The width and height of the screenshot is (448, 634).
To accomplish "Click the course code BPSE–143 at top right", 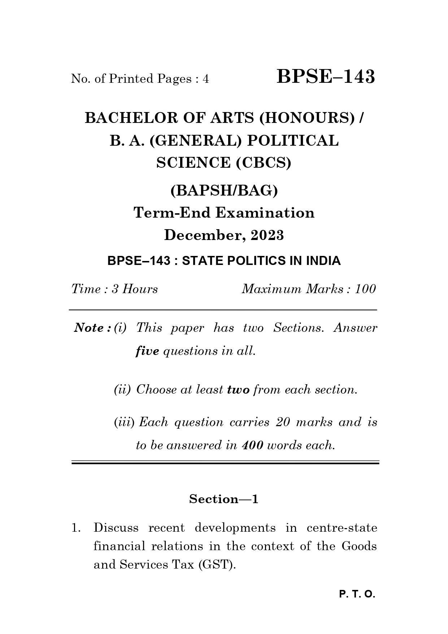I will pos(326,77).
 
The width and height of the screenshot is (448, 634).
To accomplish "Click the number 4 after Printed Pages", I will pos(206,79).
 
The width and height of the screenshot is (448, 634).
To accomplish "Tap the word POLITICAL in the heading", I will pos(293,141).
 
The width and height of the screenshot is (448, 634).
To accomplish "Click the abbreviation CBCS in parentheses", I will pos(263,163).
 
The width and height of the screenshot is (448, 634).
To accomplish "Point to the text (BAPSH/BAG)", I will pos(224,190).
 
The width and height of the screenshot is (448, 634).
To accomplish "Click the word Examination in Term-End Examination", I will pos(265,213).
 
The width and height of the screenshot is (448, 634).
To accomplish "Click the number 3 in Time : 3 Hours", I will pos(115,289).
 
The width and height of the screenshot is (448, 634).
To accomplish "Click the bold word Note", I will pos(89,328).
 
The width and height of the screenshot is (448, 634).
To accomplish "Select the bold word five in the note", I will pos(147,351).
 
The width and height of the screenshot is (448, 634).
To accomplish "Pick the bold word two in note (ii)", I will pos(238,390).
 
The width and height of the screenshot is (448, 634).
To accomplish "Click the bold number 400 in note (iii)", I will pos(252,445).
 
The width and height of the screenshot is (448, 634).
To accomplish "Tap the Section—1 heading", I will pos(224,499).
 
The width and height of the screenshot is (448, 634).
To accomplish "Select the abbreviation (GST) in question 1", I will pos(217,565).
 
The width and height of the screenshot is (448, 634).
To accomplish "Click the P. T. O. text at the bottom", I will pos(357,594).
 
